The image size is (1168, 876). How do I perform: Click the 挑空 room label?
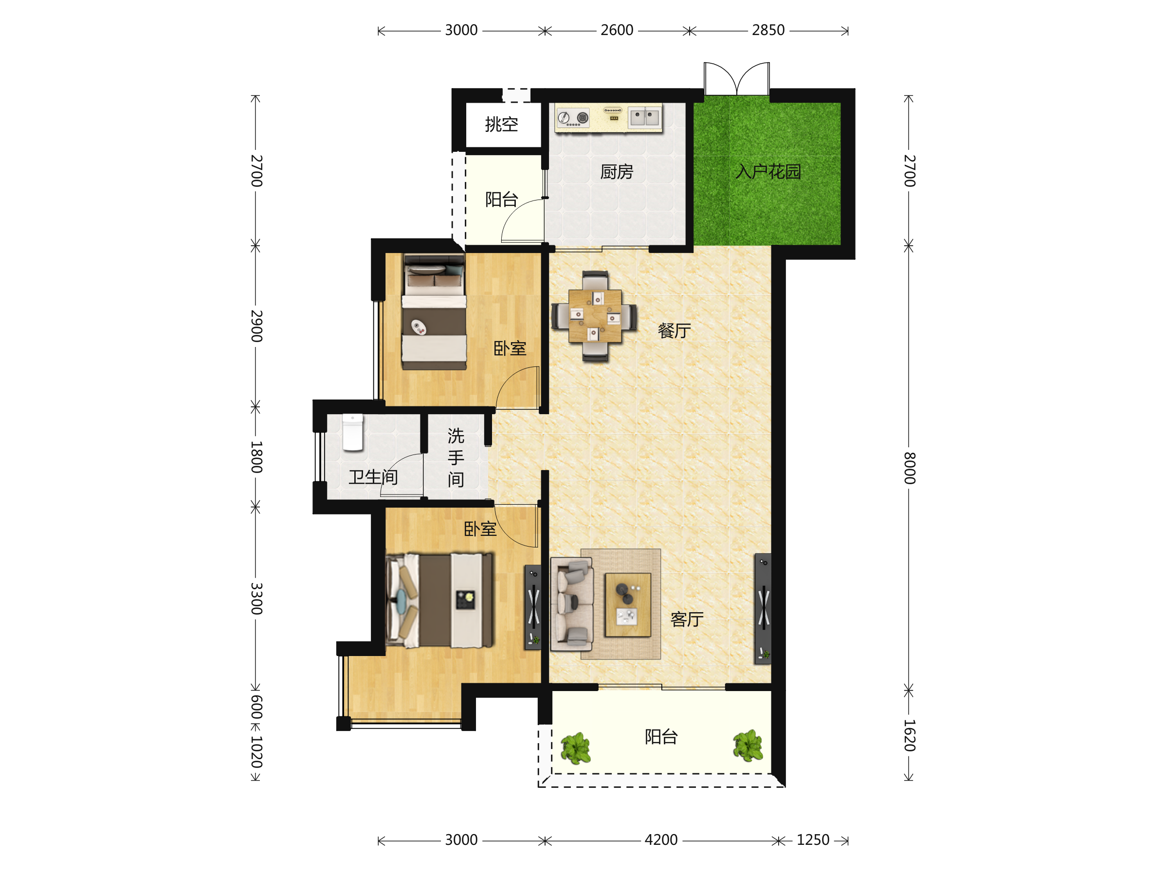(x=502, y=125)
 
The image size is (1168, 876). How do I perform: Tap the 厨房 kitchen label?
(x=617, y=172)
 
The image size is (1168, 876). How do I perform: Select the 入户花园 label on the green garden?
(x=768, y=172)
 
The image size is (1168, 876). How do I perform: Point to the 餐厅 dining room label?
(x=675, y=331)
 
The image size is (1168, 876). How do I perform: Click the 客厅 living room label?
(x=687, y=620)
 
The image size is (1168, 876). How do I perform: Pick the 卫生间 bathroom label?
(x=373, y=477)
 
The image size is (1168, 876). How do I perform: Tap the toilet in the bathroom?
(x=353, y=433)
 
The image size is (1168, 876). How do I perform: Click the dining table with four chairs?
(x=595, y=316)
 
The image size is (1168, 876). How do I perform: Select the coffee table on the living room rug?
(x=628, y=605)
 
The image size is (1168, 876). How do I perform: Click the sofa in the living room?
(x=572, y=604)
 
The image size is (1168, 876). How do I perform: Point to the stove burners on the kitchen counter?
(x=573, y=118)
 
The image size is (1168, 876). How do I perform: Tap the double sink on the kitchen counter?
(x=645, y=117)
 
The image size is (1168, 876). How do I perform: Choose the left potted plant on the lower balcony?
(x=576, y=748)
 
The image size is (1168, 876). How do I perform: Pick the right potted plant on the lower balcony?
(x=748, y=746)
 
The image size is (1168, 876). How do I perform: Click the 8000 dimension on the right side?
(x=909, y=468)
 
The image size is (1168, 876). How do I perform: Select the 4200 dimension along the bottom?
(x=661, y=839)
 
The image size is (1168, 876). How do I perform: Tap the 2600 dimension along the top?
(x=617, y=30)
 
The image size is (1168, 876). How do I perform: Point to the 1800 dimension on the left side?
(x=256, y=457)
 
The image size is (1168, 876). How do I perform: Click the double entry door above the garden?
(x=737, y=79)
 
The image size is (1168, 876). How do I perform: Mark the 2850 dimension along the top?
(x=768, y=30)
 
